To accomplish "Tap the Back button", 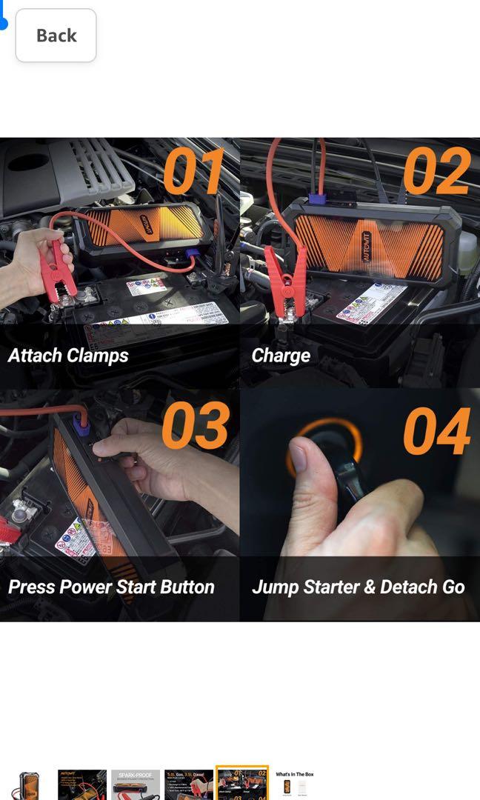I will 56,36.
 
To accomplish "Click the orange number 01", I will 193,171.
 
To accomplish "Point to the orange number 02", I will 436,171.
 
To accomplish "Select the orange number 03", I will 196,425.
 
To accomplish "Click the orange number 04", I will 436,431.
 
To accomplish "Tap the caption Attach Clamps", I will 68,356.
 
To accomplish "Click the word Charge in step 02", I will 281,356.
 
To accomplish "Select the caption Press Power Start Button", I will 111,587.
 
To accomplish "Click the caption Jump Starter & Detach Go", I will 359,587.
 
